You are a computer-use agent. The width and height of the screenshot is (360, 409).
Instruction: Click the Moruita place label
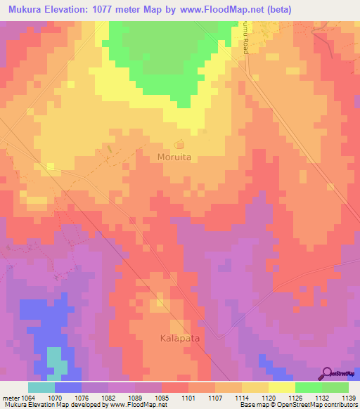pyautogui.click(x=174, y=158)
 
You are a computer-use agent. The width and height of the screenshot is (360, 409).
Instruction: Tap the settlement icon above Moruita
pyautogui.click(x=179, y=145)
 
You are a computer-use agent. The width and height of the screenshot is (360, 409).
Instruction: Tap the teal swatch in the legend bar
pyautogui.click(x=41, y=387)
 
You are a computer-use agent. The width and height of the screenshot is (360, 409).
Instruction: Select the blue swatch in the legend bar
pyautogui.click(x=68, y=387)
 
